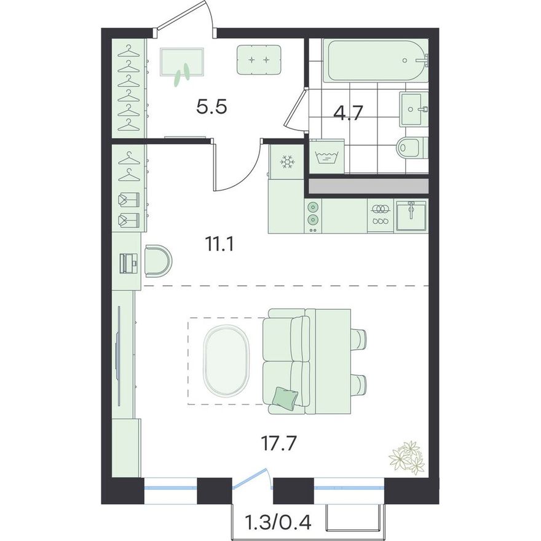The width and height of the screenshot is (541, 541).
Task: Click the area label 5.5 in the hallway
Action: point(211,107)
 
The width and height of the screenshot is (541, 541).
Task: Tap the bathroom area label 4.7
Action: point(348,113)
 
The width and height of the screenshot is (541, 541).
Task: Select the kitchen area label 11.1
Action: point(219,245)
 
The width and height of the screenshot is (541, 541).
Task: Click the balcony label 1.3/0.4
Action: point(278,523)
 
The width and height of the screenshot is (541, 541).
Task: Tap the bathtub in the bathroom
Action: point(377,61)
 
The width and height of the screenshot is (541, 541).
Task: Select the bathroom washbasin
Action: point(414,109)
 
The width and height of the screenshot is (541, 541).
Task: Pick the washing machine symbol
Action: point(326,157)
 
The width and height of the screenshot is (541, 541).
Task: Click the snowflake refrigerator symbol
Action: point(286,162)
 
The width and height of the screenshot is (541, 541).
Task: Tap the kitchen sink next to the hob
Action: point(411,215)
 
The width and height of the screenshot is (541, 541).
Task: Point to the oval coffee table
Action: point(226,360)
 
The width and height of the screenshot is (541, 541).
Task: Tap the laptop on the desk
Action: point(128,264)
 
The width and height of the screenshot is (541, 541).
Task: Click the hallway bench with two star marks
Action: point(259,60)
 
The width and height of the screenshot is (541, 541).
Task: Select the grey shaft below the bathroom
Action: point(368,186)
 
